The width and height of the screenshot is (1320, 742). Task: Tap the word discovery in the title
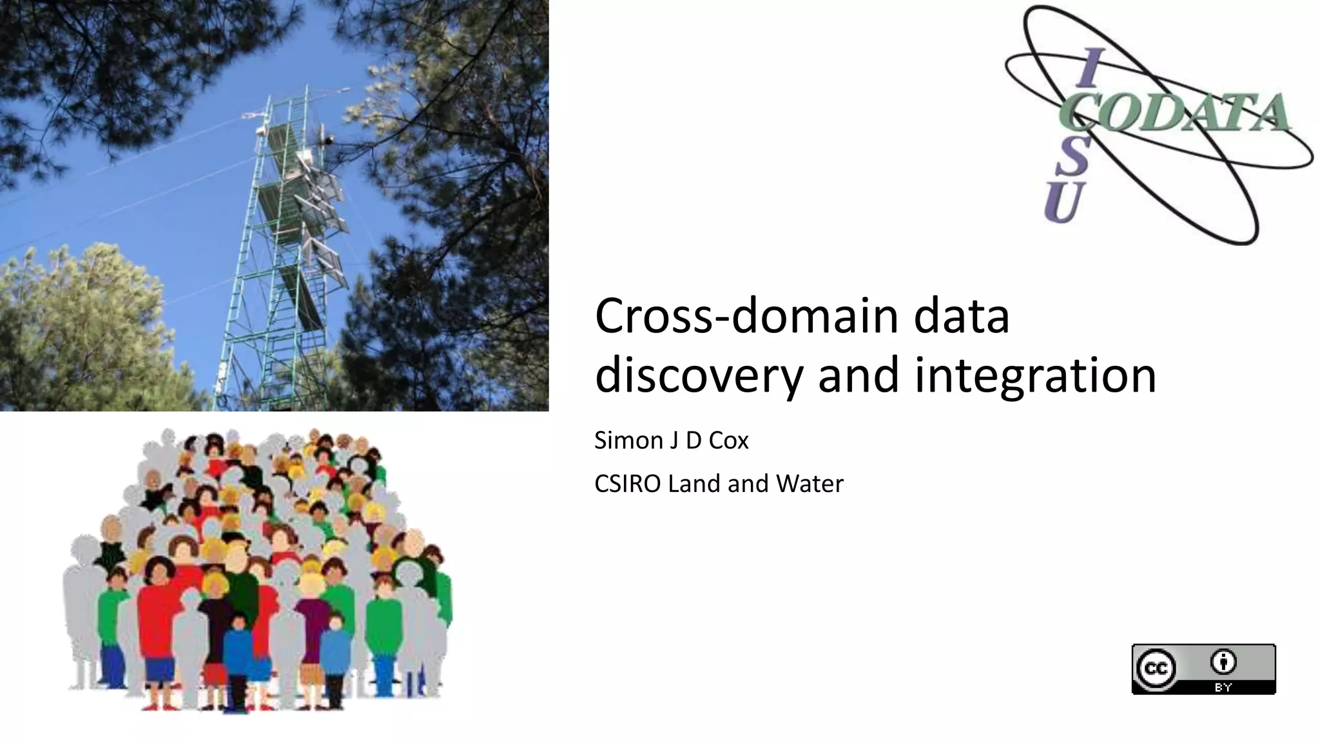699,376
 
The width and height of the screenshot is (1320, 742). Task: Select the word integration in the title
1035,376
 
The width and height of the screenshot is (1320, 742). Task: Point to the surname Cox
728,441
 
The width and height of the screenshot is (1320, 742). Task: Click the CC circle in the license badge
1156,669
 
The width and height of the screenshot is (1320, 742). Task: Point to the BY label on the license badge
1223,687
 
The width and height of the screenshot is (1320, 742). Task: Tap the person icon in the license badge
1223,661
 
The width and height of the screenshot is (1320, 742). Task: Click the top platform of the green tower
284,138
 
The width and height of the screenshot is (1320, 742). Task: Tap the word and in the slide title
859,376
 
